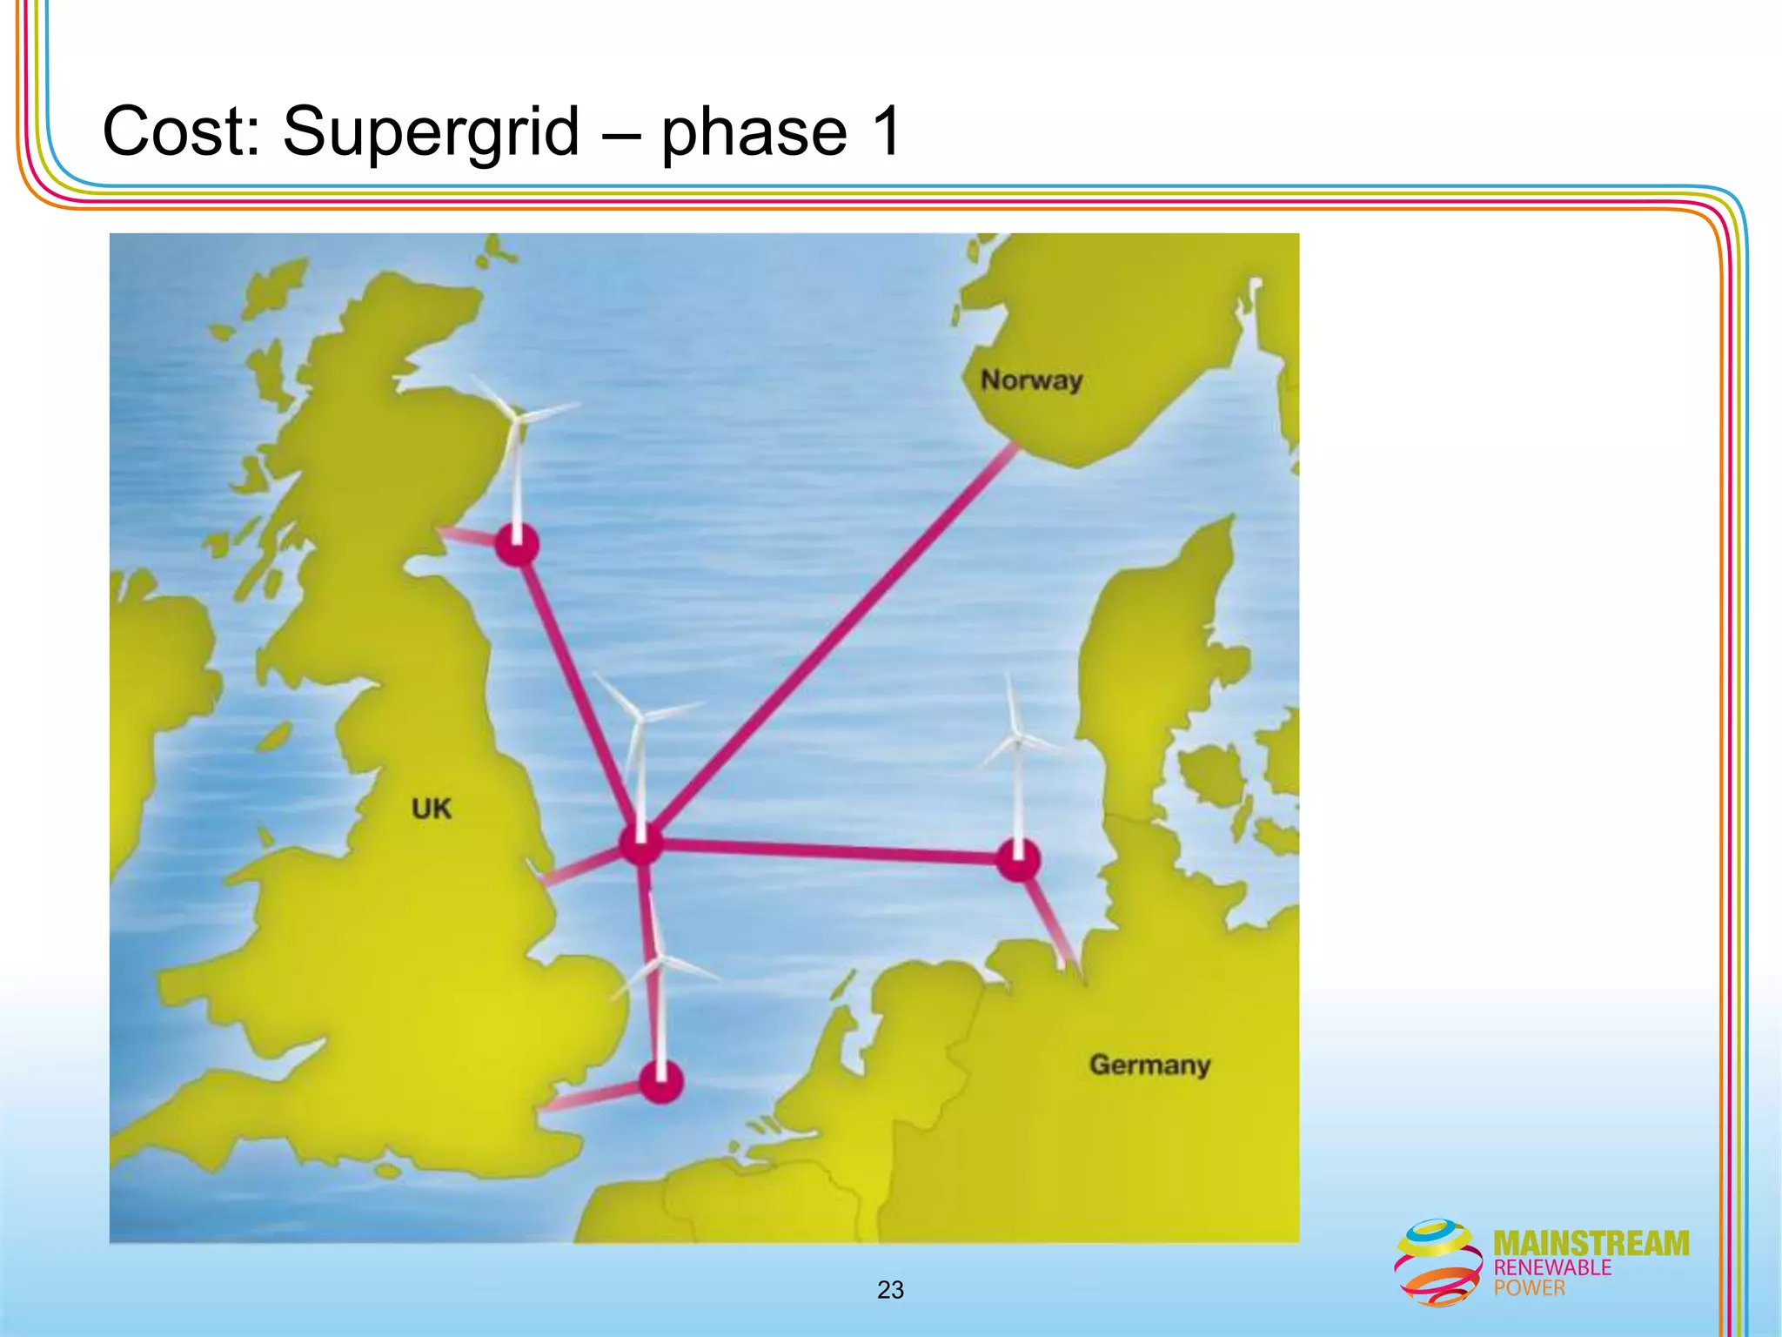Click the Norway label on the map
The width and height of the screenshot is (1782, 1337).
coord(1031,380)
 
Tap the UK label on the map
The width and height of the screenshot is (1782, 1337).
coord(432,809)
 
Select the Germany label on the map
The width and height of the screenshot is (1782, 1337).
coord(1149,1065)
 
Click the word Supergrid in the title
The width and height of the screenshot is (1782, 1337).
coord(431,132)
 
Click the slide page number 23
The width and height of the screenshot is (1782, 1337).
coord(890,1290)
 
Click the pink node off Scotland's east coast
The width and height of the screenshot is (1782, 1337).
coord(517,546)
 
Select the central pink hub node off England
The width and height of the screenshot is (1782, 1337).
coord(641,843)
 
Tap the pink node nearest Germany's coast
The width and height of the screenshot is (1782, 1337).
coord(1017,860)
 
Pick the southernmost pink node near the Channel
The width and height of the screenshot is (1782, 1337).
coord(661,1082)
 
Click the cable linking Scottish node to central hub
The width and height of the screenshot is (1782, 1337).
coord(579,692)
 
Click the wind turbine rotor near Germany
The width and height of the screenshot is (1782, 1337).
coord(1016,741)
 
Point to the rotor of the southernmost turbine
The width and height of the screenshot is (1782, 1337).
coord(661,961)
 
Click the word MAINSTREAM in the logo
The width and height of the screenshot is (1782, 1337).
coord(1591,1243)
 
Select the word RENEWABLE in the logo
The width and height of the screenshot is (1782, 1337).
coord(1552,1267)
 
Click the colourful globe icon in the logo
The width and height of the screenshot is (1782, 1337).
coord(1438,1261)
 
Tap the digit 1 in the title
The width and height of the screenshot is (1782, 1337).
coord(886,132)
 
